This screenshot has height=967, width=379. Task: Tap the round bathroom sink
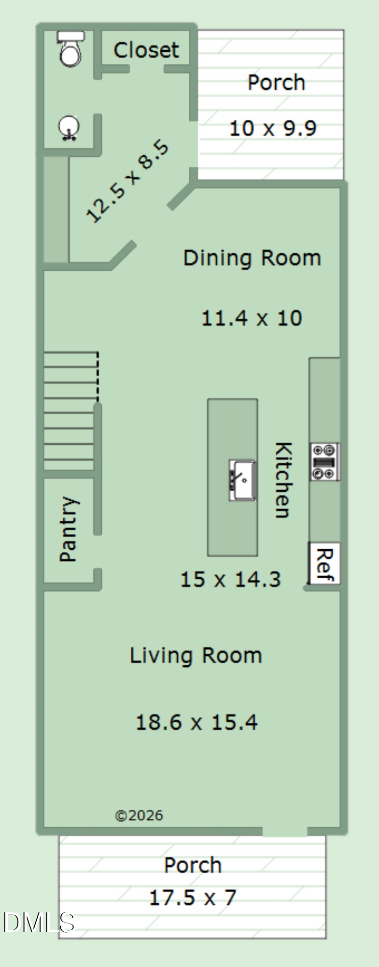click(x=69, y=128)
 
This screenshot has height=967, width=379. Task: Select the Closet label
click(x=146, y=50)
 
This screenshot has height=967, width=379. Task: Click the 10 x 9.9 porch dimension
click(x=273, y=129)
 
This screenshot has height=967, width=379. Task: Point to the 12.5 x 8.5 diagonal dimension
click(x=127, y=181)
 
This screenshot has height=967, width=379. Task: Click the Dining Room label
click(x=252, y=258)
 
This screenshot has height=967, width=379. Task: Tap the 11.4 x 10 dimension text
click(x=252, y=318)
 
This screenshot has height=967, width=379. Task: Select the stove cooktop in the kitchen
click(x=324, y=462)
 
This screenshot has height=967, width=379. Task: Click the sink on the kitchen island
click(x=242, y=480)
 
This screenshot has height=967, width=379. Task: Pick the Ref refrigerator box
click(x=324, y=563)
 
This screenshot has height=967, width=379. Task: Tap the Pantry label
click(x=68, y=529)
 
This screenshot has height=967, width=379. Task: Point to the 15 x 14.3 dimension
click(x=230, y=579)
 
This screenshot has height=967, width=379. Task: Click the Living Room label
click(x=196, y=656)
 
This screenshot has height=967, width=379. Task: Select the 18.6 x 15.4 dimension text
click(x=197, y=722)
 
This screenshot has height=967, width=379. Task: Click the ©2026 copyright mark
click(x=139, y=816)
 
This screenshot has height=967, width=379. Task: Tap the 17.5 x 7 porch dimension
click(x=192, y=898)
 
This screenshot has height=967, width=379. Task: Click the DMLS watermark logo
click(x=39, y=923)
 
